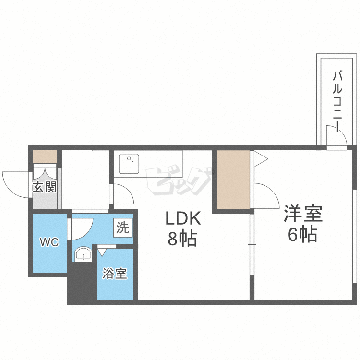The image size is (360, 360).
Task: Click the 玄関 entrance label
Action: click(x=44, y=187)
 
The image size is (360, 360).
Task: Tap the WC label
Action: click(x=49, y=242)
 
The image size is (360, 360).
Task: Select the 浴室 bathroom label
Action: click(x=115, y=274)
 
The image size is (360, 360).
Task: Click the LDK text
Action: click(x=183, y=218)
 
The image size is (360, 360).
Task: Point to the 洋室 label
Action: click(x=303, y=213)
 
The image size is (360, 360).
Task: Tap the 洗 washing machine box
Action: click(x=123, y=228)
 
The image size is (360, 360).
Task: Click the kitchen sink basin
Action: click(x=129, y=164)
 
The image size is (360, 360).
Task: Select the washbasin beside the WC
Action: click(x=84, y=254)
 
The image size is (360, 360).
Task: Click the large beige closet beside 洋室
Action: click(x=233, y=180)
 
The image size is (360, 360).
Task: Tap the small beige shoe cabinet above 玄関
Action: click(x=45, y=157)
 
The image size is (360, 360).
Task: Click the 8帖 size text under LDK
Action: click(x=182, y=238)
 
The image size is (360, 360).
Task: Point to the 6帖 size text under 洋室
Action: click(x=302, y=234)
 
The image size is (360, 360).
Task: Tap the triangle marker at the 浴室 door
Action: click(x=102, y=252)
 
